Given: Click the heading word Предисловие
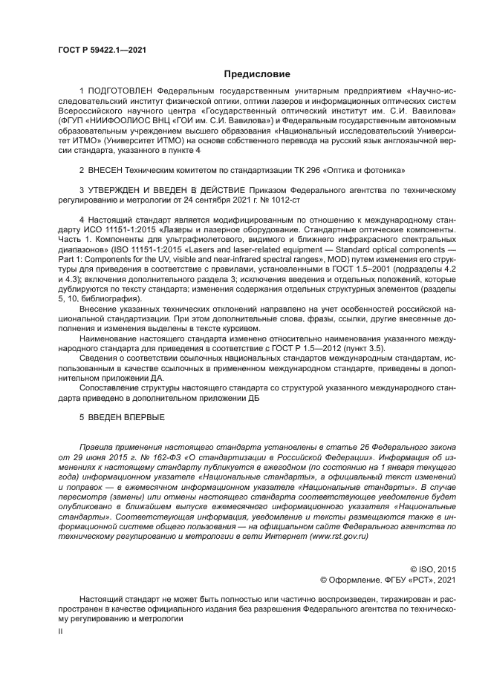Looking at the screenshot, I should [258, 74].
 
